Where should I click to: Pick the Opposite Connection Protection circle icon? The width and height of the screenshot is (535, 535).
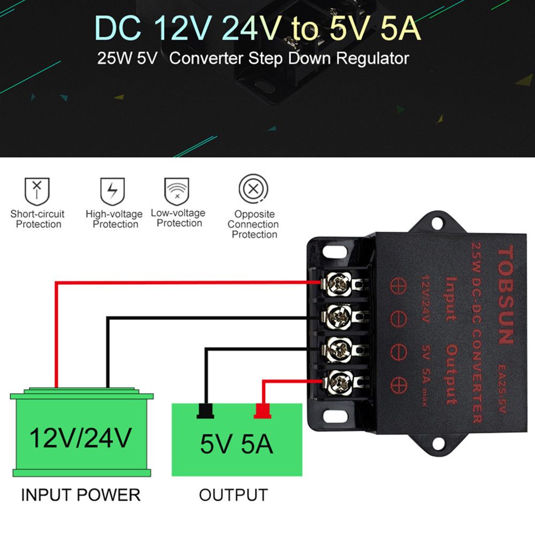[253, 189]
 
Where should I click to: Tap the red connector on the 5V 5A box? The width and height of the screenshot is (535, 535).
[262, 410]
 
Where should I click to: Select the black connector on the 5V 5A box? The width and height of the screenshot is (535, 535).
[205, 410]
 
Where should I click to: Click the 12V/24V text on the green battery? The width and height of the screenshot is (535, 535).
[80, 438]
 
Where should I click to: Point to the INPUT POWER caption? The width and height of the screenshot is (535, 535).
[80, 495]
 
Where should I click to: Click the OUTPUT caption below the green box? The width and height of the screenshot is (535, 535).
[233, 495]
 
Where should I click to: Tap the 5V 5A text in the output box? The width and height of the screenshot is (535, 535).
[236, 444]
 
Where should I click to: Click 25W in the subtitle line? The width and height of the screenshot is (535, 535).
[115, 58]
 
